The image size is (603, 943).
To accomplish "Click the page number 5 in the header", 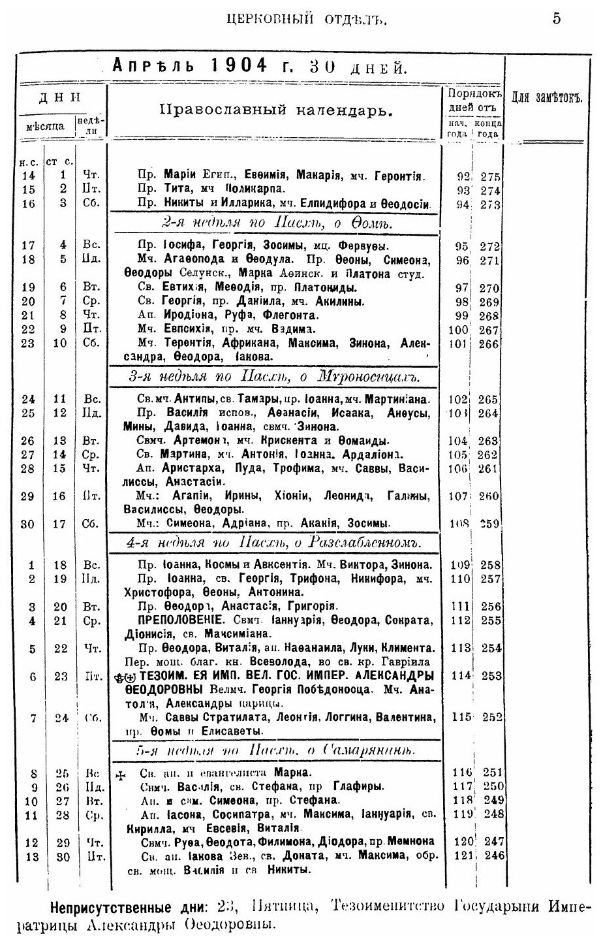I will [557, 18].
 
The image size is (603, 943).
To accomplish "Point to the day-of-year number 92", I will [463, 176].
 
